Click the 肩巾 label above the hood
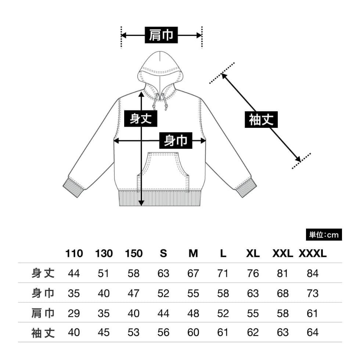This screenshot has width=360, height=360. pyautogui.click(x=161, y=35)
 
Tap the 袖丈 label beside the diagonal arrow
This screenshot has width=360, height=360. pyautogui.click(x=261, y=119)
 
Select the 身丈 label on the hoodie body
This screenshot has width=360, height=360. pyautogui.click(x=140, y=118)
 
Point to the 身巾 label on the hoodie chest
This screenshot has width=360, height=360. pyautogui.click(x=176, y=140)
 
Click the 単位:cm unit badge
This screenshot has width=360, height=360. pyautogui.click(x=324, y=235)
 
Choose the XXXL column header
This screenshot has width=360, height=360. pyautogui.click(x=313, y=253)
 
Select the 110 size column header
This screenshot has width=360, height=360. pyautogui.click(x=74, y=253)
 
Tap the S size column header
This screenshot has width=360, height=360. pyautogui.click(x=163, y=253)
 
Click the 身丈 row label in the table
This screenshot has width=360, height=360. pyautogui.click(x=43, y=273)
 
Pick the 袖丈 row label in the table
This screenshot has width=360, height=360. pyautogui.click(x=43, y=333)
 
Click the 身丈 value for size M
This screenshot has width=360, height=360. pyautogui.click(x=193, y=273)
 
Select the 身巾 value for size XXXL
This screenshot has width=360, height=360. pyautogui.click(x=313, y=294)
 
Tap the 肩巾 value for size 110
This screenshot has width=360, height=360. pyautogui.click(x=74, y=313)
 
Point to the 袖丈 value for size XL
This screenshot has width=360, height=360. pyautogui.click(x=253, y=332)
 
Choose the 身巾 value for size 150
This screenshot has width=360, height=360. pyautogui.click(x=133, y=294)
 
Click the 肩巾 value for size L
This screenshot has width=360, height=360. pyautogui.click(x=223, y=313)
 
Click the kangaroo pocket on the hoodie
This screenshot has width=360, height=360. pyautogui.click(x=163, y=171)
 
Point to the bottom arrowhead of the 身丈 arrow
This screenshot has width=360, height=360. pyautogui.click(x=141, y=203)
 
